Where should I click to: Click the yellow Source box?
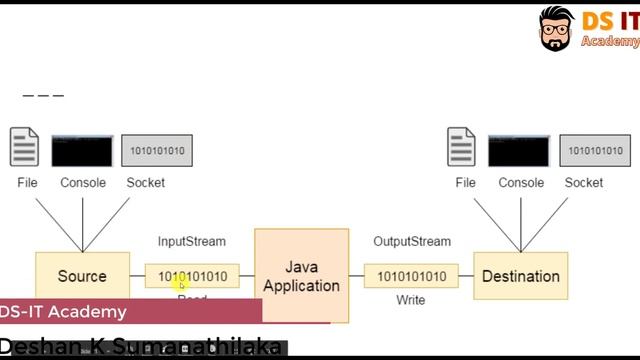[x=82, y=275]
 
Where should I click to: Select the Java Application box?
[x=301, y=275]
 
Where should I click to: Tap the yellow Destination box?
[x=520, y=276]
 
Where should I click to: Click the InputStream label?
[x=192, y=241]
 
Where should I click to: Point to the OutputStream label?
[x=412, y=241]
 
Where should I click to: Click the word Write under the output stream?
[x=410, y=300]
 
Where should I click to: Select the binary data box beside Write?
[x=411, y=276]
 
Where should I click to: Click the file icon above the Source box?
[x=25, y=147]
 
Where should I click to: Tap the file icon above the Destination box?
[x=462, y=147]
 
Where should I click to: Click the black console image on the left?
[x=82, y=150]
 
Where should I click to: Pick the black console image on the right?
[x=518, y=150]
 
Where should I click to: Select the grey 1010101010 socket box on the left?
[x=156, y=151]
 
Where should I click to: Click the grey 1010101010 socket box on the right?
[x=594, y=151]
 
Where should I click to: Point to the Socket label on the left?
[x=146, y=182]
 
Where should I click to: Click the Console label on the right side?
[x=521, y=182]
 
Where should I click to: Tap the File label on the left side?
[x=27, y=182]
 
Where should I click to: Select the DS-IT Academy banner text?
[x=63, y=312]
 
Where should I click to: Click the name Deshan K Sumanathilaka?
[x=140, y=348]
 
